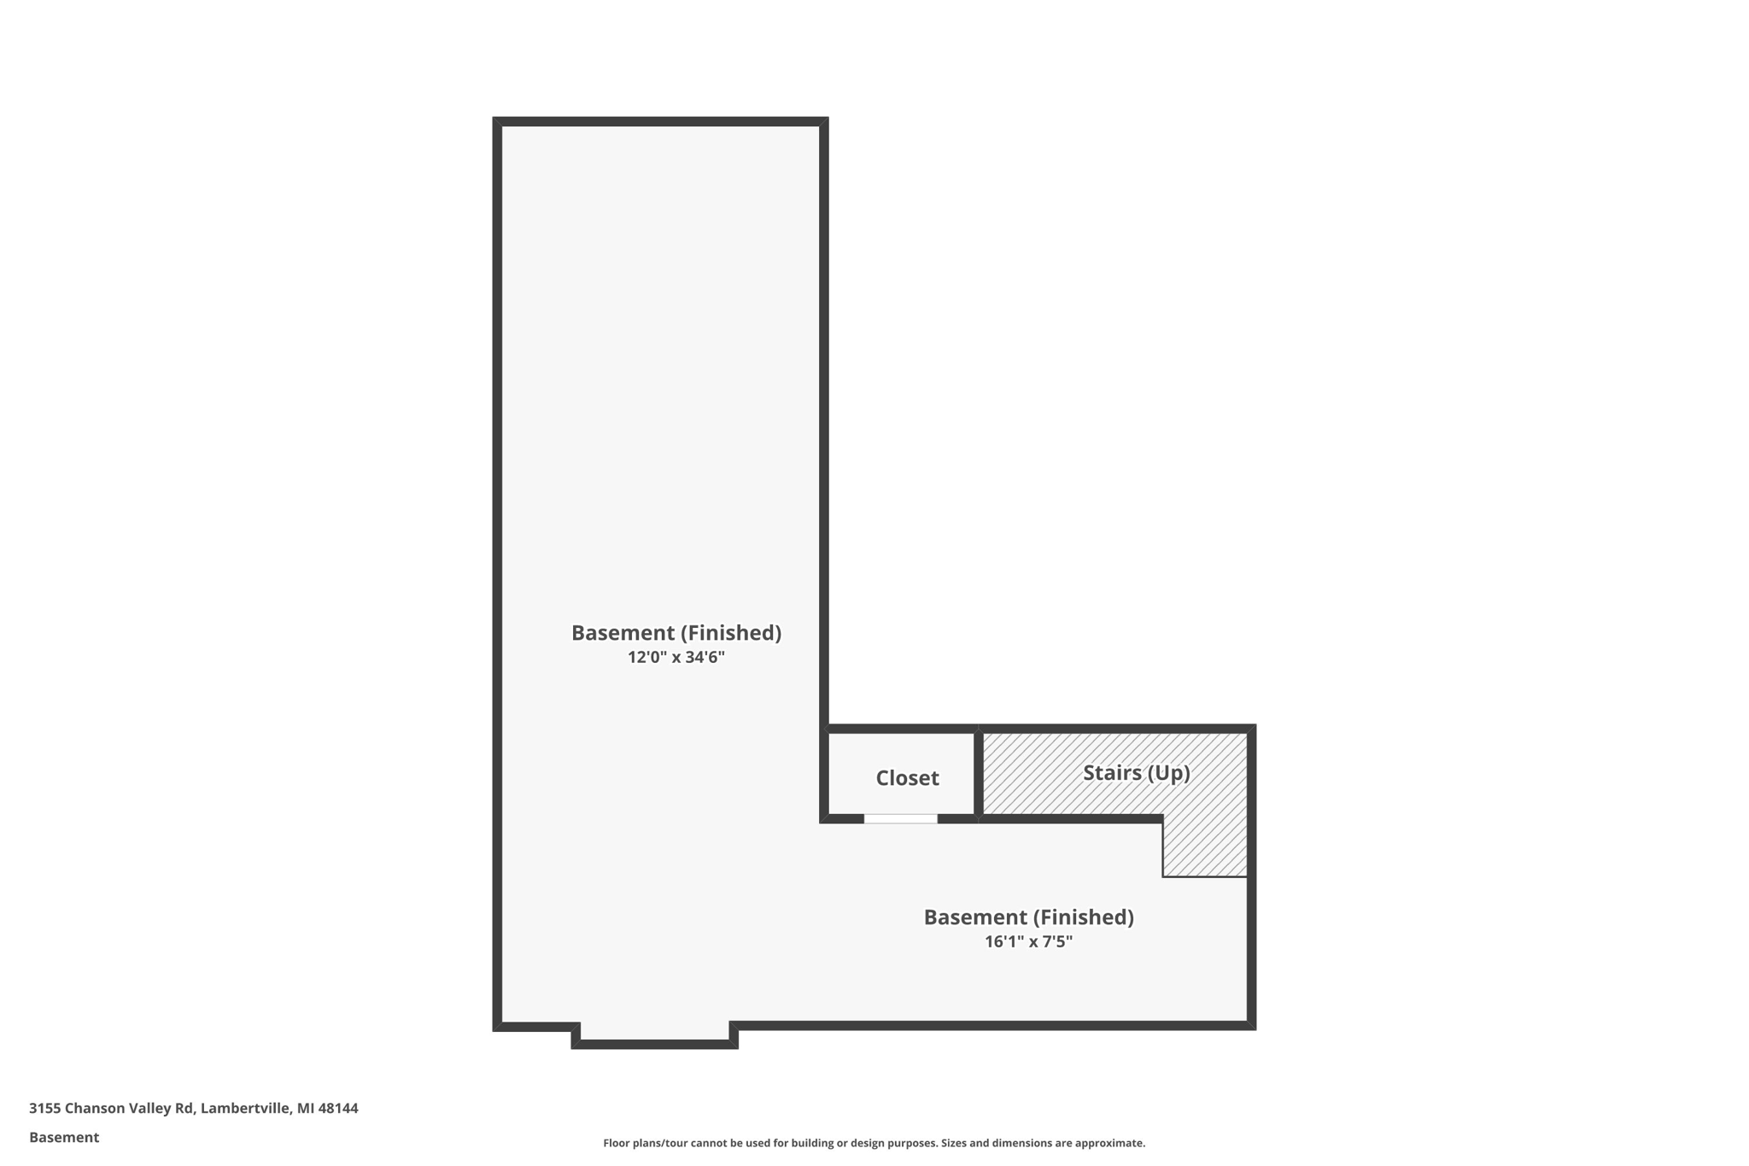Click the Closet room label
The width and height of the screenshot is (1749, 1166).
point(907,777)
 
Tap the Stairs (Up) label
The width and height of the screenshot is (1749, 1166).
point(1136,772)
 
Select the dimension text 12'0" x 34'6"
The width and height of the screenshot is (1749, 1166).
point(676,657)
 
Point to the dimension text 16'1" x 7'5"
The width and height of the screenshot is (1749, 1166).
point(1028,941)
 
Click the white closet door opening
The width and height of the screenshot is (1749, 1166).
point(900,818)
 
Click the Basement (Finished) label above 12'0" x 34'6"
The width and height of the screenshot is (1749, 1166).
point(676,632)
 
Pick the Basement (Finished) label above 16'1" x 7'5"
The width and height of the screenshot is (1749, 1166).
point(1028,917)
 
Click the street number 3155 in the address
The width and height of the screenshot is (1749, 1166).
point(44,1108)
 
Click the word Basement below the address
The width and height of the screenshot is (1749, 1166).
point(64,1137)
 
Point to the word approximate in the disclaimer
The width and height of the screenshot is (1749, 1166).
point(1109,1143)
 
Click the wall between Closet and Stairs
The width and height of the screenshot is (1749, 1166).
point(978,773)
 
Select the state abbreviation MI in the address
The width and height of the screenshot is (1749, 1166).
point(305,1108)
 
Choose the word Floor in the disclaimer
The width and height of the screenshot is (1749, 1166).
point(617,1143)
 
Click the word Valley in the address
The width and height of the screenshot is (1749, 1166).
point(149,1108)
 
